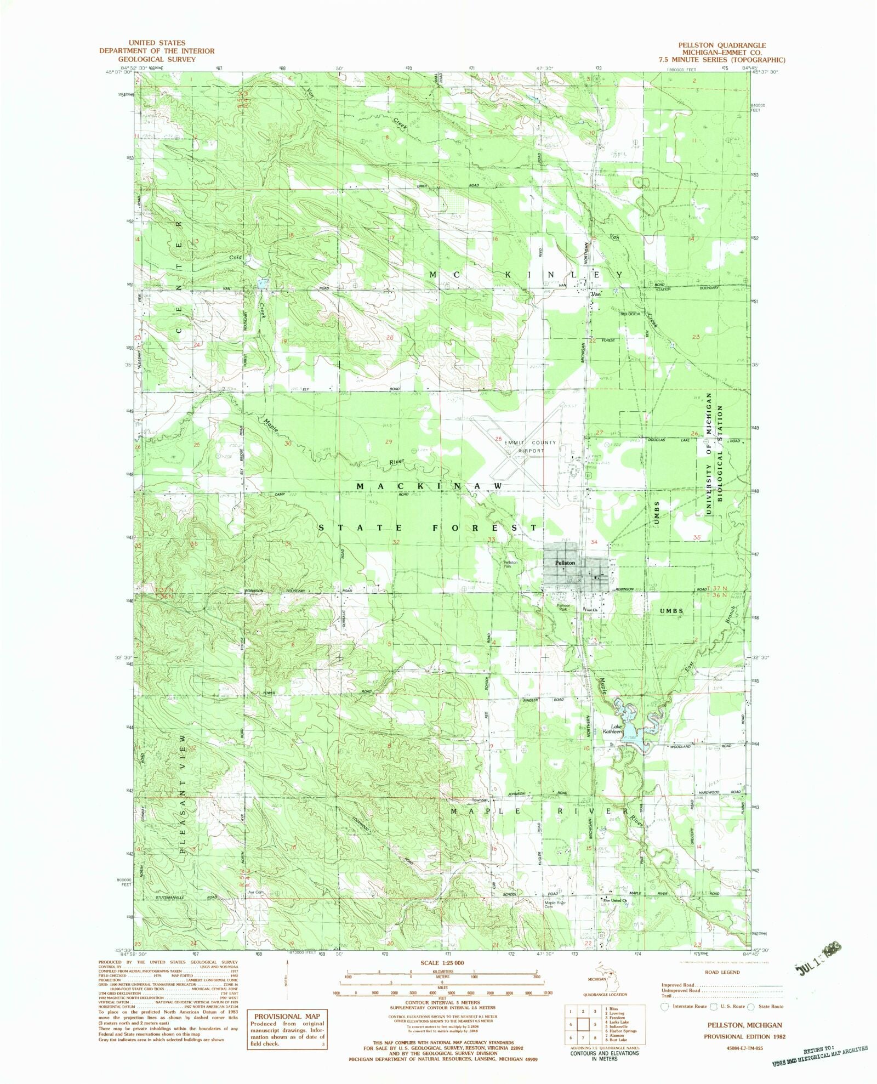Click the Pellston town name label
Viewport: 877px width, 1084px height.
pos(565,563)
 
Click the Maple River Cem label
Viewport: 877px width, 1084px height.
pos(555,905)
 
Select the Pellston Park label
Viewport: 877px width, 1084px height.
pos(511,564)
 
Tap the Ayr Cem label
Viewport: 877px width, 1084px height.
pos(256,892)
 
